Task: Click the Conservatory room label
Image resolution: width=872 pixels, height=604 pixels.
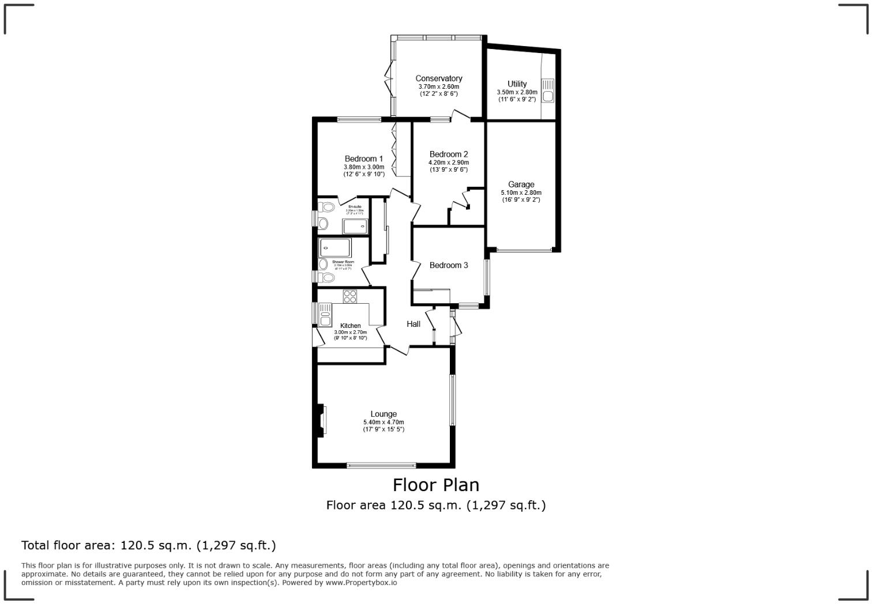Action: [x=438, y=78]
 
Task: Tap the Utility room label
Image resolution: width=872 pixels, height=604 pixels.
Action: [x=517, y=84]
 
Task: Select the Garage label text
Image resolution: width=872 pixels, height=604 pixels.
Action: [x=521, y=184]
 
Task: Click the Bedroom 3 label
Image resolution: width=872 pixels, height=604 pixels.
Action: [x=449, y=265]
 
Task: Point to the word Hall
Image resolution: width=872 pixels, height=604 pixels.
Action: [x=414, y=324]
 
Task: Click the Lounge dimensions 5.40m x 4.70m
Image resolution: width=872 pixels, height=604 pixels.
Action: [x=384, y=422]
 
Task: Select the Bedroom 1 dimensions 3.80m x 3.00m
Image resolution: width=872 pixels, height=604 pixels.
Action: [x=364, y=167]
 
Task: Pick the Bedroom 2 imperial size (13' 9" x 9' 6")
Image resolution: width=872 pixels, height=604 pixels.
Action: [x=449, y=169]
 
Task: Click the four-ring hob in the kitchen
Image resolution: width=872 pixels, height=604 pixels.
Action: [x=349, y=296]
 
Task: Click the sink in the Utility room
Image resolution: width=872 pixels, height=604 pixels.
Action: [x=547, y=91]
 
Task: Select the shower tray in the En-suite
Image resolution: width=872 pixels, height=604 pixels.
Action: [x=355, y=226]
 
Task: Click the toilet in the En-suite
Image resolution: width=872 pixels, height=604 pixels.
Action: [x=327, y=207]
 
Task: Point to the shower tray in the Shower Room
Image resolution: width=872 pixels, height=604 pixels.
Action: [x=335, y=248]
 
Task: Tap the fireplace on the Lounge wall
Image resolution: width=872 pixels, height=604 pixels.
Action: [x=321, y=421]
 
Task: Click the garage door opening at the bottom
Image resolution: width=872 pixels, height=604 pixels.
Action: [x=524, y=250]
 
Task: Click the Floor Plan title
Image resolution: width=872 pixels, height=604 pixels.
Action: [x=436, y=484]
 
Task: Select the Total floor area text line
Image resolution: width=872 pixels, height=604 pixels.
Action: [x=149, y=545]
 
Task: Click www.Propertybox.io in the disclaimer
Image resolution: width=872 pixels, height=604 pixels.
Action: [x=361, y=583]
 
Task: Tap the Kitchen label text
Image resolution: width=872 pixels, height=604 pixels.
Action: [x=350, y=326]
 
